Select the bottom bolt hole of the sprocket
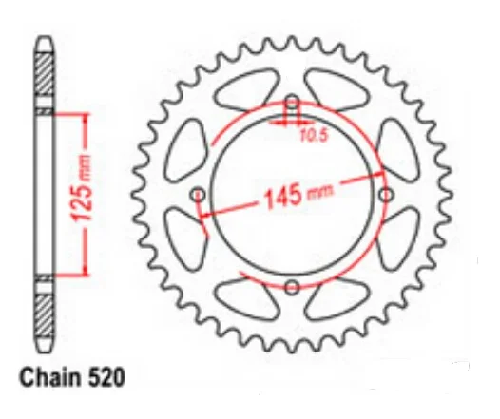click(293, 286)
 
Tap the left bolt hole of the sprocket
click(199, 195)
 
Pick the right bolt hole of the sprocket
click(386, 194)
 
